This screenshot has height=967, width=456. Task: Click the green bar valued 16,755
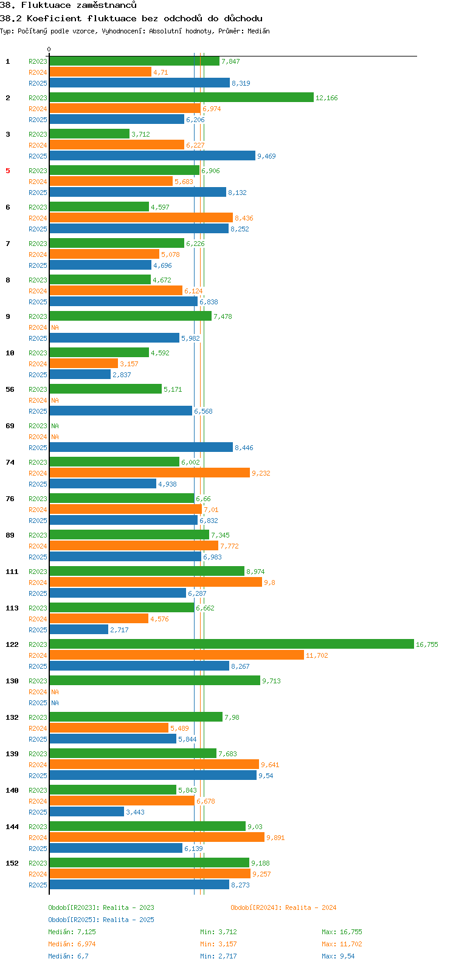[231, 644]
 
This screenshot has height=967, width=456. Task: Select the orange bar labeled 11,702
[176, 655]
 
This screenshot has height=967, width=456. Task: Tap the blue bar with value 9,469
[152, 155]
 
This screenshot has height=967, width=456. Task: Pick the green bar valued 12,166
[181, 97]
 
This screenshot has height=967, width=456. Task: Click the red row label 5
[8, 171]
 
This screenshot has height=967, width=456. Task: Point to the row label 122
[12, 644]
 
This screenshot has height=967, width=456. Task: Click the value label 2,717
[119, 630]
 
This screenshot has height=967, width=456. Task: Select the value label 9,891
[275, 838]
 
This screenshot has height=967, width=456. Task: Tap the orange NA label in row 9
[55, 327]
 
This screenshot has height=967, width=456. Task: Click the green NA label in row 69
[55, 426]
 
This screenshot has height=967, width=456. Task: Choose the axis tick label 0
[49, 50]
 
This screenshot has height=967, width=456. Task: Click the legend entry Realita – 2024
[283, 907]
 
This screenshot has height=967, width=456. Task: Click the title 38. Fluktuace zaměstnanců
[68, 5]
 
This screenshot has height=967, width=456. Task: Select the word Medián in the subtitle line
[258, 31]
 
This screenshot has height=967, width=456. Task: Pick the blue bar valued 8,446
[141, 447]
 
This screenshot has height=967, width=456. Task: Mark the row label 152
[12, 863]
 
